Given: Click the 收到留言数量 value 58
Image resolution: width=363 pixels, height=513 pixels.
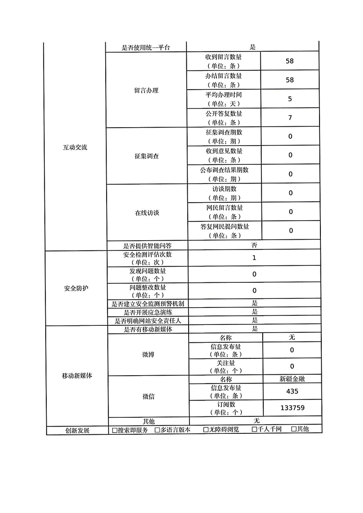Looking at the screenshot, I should click(289, 61).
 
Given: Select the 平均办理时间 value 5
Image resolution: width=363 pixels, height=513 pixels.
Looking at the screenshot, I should click(290, 99).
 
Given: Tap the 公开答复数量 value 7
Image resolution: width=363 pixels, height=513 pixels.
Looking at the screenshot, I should click(290, 118).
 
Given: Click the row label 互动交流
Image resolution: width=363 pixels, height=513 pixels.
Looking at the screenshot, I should click(75, 148).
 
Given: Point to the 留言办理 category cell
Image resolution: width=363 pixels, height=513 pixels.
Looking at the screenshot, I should click(146, 90).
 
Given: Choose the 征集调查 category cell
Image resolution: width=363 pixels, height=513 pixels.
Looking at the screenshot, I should click(146, 156).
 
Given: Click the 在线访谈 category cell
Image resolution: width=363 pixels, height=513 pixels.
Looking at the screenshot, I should click(146, 213).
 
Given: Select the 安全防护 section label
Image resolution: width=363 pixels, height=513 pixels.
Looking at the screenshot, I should click(76, 288).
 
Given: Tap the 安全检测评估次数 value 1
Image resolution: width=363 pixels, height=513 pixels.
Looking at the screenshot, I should click(254, 258).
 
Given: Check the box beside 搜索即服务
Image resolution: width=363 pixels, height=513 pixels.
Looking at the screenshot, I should click(115, 430).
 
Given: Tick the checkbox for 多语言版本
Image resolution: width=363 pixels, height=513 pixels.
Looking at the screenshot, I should click(157, 430).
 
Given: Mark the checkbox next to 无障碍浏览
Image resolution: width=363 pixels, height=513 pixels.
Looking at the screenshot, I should click(206, 430).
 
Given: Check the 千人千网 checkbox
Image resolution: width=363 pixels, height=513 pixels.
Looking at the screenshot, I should click(255, 430).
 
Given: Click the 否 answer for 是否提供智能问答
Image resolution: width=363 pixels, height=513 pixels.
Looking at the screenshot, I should click(254, 245).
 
